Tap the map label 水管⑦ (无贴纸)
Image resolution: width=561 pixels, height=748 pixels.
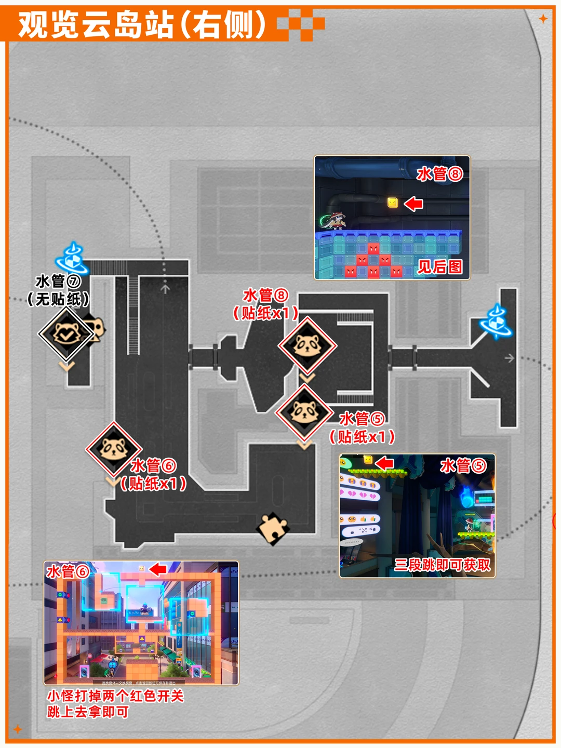click(58, 290)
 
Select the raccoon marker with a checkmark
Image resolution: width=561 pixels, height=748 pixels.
click(66, 334)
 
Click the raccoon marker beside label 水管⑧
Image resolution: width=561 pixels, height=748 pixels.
click(307, 345)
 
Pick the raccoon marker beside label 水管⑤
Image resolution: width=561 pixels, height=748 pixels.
click(304, 412)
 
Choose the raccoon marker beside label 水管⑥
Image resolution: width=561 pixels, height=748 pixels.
click(113, 449)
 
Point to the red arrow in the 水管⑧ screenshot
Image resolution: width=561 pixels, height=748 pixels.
click(413, 204)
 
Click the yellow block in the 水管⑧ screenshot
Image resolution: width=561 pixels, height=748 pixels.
click(393, 203)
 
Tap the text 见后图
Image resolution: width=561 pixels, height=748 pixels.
click(440, 267)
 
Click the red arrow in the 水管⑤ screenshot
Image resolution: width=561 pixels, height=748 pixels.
click(384, 462)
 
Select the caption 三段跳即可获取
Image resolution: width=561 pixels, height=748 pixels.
click(442, 565)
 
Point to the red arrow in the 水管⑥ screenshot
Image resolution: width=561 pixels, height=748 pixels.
click(158, 569)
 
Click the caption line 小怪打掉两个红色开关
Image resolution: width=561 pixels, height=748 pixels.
click(115, 696)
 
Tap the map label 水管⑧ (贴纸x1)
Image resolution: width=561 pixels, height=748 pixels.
click(265, 304)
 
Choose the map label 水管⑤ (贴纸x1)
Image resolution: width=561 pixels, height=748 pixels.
click(362, 428)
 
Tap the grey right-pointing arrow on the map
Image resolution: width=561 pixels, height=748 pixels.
click(509, 358)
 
